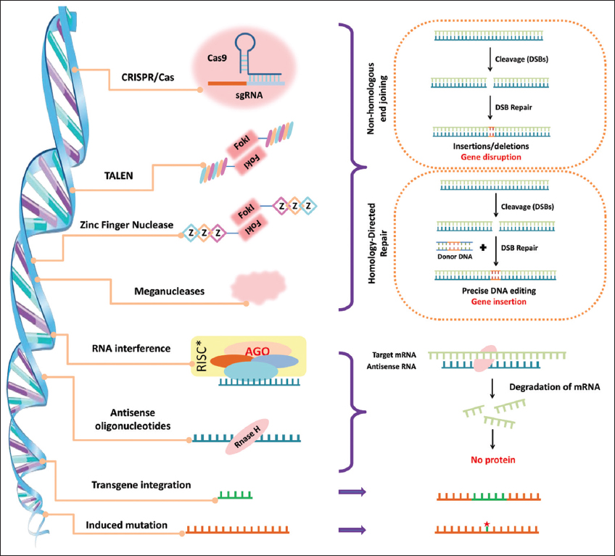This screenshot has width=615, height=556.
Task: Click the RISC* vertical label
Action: pos(203,357)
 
